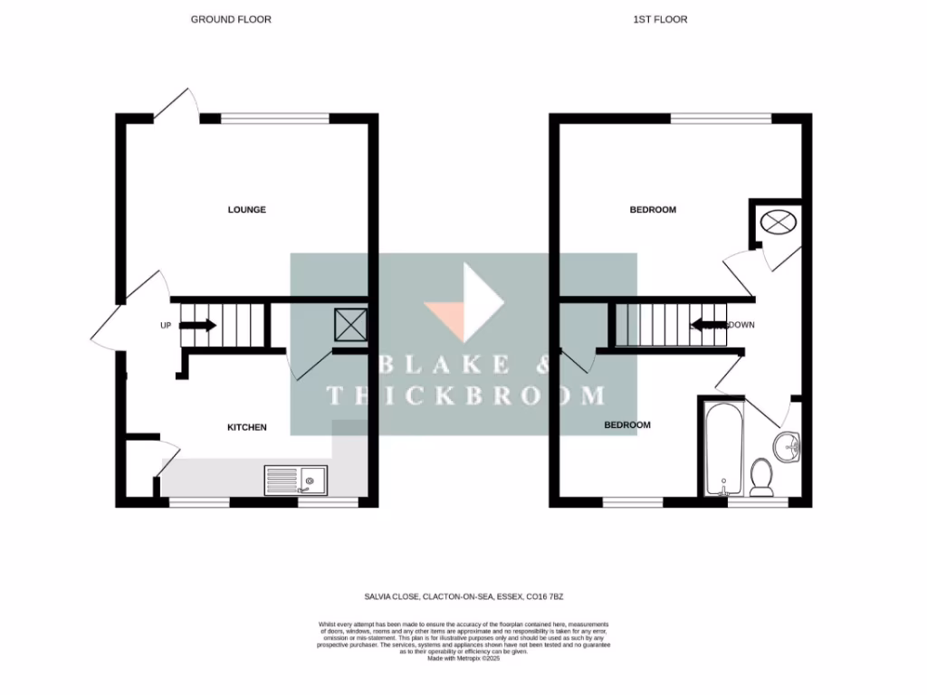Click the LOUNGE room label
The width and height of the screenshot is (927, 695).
(246, 210)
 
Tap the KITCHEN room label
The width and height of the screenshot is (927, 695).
(246, 427)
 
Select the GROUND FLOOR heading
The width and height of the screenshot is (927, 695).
(231, 19)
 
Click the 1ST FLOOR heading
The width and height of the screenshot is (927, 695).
(659, 19)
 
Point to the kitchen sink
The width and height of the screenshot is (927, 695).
(297, 481)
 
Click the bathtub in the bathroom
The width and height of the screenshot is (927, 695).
(723, 448)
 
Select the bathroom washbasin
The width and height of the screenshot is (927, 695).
(788, 445)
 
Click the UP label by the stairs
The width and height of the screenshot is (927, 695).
(166, 326)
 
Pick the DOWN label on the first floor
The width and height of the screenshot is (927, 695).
(741, 325)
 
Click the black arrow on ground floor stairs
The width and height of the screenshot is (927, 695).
(200, 325)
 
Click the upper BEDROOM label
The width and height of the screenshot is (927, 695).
(653, 210)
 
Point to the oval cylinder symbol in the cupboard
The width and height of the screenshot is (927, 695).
(777, 220)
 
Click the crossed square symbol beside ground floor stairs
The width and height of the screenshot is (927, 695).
(349, 323)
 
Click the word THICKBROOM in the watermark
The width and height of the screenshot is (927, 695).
(466, 395)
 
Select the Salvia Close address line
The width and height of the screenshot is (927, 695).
(463, 596)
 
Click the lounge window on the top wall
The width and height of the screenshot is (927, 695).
(275, 118)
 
